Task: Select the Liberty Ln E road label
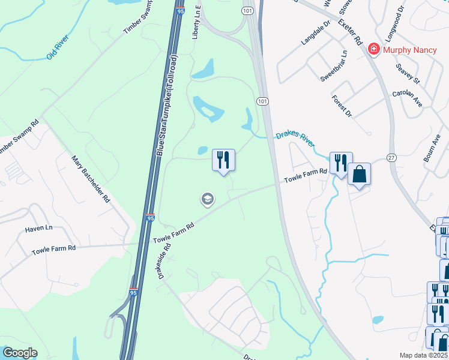coord(194,23)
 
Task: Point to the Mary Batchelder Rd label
coord(91,179)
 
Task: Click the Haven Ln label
coord(39,228)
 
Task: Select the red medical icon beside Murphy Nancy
coord(373,47)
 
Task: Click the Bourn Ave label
coord(432,148)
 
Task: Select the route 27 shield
coord(391,157)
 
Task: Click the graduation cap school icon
coord(208,199)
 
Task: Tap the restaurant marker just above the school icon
coord(223,160)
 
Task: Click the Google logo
coord(19,353)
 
